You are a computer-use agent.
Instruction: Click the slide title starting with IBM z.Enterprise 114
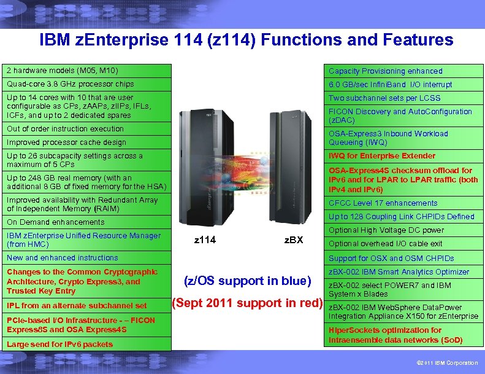[246, 41]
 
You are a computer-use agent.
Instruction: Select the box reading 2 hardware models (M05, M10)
[63, 71]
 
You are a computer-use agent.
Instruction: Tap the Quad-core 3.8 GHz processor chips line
[70, 84]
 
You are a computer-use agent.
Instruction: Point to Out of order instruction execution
[65, 129]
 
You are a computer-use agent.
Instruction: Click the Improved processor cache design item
[66, 142]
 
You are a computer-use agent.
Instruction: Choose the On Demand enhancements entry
[55, 222]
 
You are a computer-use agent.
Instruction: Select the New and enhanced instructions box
[62, 258]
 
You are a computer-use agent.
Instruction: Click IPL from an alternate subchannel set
[77, 306]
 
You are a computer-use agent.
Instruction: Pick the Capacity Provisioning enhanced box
[385, 71]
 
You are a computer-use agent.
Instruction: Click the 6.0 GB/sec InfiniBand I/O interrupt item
[390, 85]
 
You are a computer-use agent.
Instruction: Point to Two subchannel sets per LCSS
[384, 98]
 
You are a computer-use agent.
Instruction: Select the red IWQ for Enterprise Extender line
[382, 156]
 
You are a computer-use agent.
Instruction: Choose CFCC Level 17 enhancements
[383, 203]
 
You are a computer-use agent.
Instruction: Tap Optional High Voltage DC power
[386, 230]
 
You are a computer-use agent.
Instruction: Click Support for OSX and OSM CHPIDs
[391, 259]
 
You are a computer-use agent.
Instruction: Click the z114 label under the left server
[205, 240]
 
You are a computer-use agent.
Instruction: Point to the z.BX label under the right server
[294, 240]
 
